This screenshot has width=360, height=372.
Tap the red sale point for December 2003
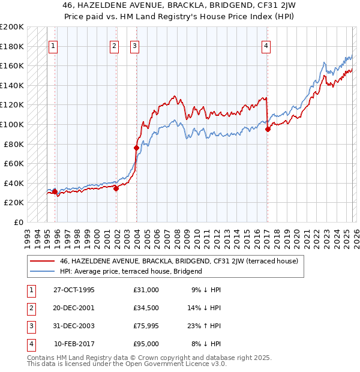(136, 148)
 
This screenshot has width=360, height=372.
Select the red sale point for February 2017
(268, 129)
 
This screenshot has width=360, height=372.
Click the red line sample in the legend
(42, 261)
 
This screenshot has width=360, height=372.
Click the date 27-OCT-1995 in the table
(74, 290)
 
